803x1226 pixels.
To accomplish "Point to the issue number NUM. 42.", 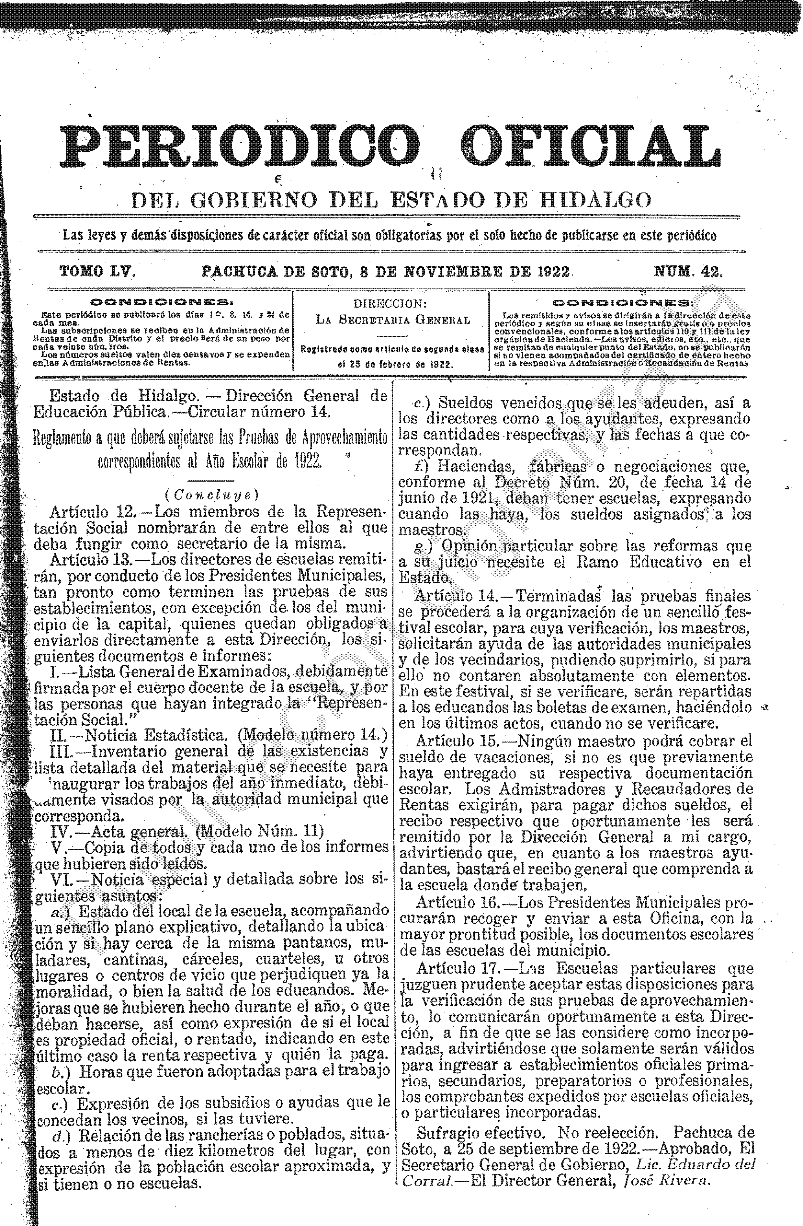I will point(688,272).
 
